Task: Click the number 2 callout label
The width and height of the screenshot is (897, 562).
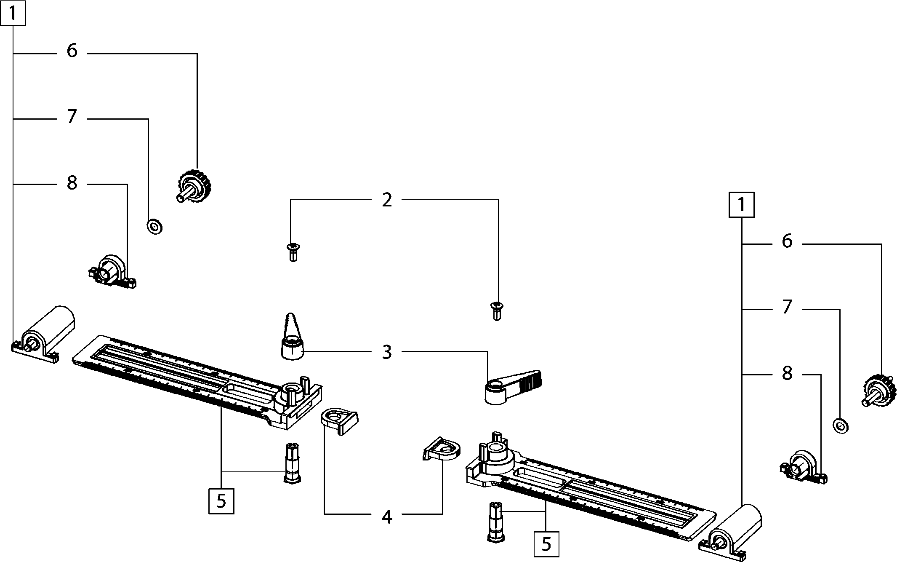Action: click(x=387, y=200)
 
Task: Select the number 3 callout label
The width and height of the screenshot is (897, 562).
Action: click(x=387, y=352)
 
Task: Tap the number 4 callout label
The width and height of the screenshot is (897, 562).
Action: click(x=387, y=517)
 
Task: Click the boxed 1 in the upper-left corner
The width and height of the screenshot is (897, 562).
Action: click(x=13, y=13)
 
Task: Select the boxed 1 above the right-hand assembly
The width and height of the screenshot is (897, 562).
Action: click(x=741, y=205)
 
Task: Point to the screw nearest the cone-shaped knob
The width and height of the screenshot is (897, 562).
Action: click(x=293, y=252)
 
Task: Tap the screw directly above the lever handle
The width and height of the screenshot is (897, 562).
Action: click(x=497, y=310)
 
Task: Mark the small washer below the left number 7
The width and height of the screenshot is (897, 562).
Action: click(x=155, y=227)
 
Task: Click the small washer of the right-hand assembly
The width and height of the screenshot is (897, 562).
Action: click(x=841, y=426)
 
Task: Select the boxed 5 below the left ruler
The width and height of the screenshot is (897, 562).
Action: click(x=221, y=501)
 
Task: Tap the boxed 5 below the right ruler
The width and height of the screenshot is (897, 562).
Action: click(x=546, y=544)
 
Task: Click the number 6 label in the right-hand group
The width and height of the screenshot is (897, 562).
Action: click(x=787, y=242)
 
